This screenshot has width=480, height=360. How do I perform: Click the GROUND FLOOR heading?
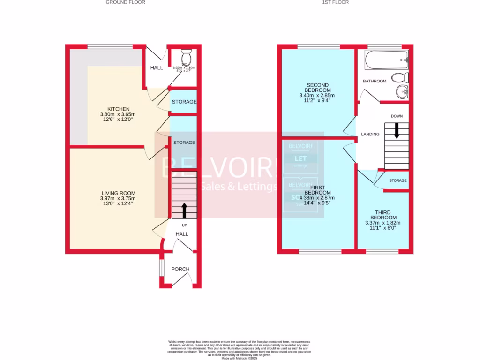(125, 2)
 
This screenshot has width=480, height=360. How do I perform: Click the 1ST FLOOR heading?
(335, 2)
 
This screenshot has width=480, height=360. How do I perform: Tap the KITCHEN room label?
(108, 109)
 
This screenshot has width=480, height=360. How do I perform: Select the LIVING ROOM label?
(115, 193)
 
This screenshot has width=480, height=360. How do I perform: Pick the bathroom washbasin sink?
(401, 92)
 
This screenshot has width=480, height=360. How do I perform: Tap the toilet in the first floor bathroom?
(399, 77)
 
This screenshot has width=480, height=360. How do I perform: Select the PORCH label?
(180, 269)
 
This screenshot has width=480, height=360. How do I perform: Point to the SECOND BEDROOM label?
(317, 88)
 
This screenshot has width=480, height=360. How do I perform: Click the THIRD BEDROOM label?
(383, 215)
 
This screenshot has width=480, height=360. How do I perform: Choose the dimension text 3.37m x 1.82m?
(383, 223)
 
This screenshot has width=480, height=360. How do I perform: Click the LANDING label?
(370, 135)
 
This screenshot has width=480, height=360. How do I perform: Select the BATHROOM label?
(375, 81)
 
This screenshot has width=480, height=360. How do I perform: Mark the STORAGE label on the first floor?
(397, 180)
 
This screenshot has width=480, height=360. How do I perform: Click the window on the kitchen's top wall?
(110, 46)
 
